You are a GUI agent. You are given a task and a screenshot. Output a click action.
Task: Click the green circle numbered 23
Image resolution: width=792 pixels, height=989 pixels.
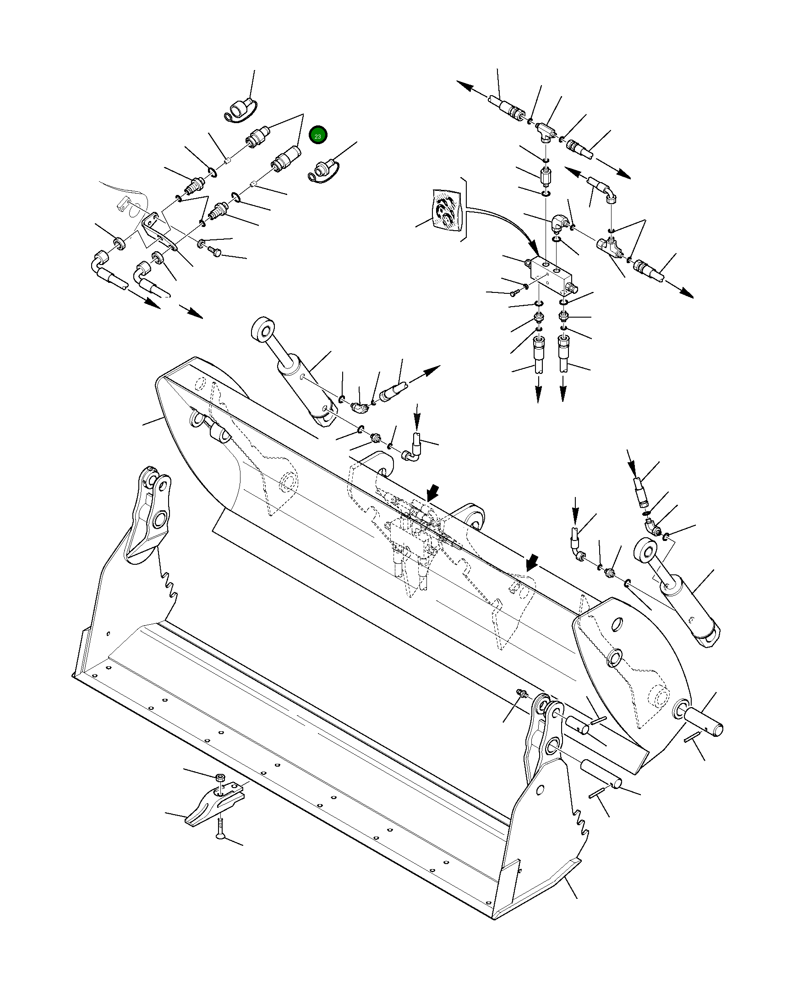tap(317, 136)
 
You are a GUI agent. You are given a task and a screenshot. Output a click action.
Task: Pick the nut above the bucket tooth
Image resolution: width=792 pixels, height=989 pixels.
tap(220, 777)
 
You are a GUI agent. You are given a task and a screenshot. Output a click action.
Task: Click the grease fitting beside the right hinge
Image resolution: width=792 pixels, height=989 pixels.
tap(521, 706)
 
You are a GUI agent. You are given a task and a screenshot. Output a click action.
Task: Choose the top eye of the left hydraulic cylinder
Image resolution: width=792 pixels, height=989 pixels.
tap(264, 330)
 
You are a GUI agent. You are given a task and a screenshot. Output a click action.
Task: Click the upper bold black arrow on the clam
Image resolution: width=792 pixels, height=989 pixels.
tap(432, 493)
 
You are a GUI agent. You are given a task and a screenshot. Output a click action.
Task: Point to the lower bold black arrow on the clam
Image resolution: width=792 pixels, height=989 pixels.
tap(532, 561)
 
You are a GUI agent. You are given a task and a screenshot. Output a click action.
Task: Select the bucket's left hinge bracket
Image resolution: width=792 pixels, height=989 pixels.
tap(152, 514)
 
